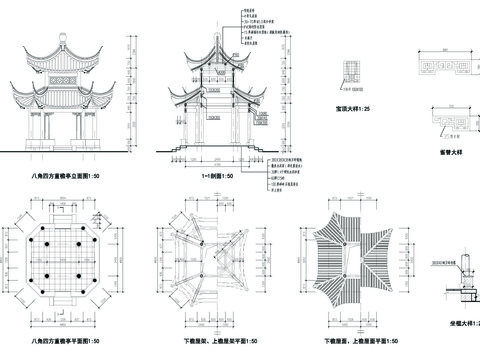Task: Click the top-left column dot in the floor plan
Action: (46, 224)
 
